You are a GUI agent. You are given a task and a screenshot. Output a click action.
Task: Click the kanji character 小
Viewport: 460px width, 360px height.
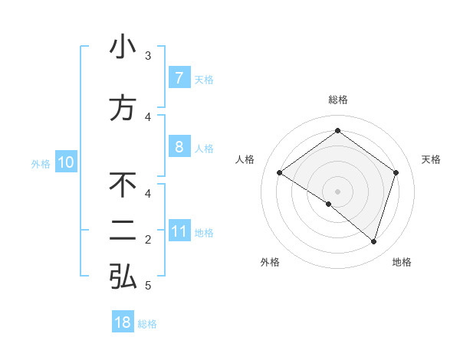pyautogui.click(x=123, y=47)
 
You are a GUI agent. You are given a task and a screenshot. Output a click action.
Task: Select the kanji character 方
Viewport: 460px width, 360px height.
pyautogui.click(x=123, y=108)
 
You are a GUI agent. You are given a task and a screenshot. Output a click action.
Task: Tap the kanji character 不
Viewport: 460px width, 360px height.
pyautogui.click(x=123, y=185)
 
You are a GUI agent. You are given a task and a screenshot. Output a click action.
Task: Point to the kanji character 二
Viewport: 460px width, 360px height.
pyautogui.click(x=123, y=231)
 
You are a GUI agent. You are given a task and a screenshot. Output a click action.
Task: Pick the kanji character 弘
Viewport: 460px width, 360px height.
pyautogui.click(x=123, y=277)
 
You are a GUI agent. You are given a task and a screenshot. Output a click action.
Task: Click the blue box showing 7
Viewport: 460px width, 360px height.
pyautogui.click(x=179, y=77)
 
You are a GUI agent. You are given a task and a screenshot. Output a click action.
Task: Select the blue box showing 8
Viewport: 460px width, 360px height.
pyautogui.click(x=179, y=147)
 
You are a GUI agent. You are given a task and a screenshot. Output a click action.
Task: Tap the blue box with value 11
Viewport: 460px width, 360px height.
pyautogui.click(x=179, y=231)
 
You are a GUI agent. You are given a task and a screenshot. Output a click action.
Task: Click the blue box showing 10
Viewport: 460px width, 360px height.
pyautogui.click(x=66, y=162)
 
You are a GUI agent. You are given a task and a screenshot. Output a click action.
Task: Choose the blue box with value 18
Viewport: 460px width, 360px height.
pyautogui.click(x=123, y=322)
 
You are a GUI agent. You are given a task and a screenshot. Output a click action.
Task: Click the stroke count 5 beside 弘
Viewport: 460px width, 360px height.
pyautogui.click(x=148, y=286)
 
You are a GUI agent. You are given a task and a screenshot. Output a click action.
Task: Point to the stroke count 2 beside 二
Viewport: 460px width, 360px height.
pyautogui.click(x=148, y=240)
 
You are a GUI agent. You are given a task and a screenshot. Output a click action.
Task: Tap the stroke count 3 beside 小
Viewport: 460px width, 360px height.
pyautogui.click(x=148, y=56)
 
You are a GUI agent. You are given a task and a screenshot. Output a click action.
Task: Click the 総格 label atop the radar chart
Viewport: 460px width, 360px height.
pyautogui.click(x=337, y=100)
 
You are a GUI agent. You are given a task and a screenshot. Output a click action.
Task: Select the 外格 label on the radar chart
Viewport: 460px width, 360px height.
pyautogui.click(x=270, y=262)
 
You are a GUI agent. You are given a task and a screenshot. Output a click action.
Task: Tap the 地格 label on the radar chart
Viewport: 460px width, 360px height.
pyautogui.click(x=402, y=262)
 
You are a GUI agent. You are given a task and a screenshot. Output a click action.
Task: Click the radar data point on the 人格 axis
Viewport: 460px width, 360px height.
pyautogui.click(x=279, y=172)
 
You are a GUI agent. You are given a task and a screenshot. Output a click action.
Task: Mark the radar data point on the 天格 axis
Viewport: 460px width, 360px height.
pyautogui.click(x=396, y=172)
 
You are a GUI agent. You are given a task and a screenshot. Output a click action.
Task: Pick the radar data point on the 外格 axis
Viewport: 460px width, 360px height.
pyautogui.click(x=329, y=204)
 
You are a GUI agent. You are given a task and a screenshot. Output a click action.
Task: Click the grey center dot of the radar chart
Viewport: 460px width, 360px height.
pyautogui.click(x=337, y=191)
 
